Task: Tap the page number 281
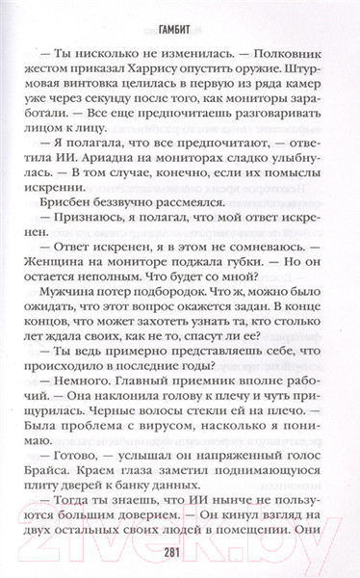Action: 180,552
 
